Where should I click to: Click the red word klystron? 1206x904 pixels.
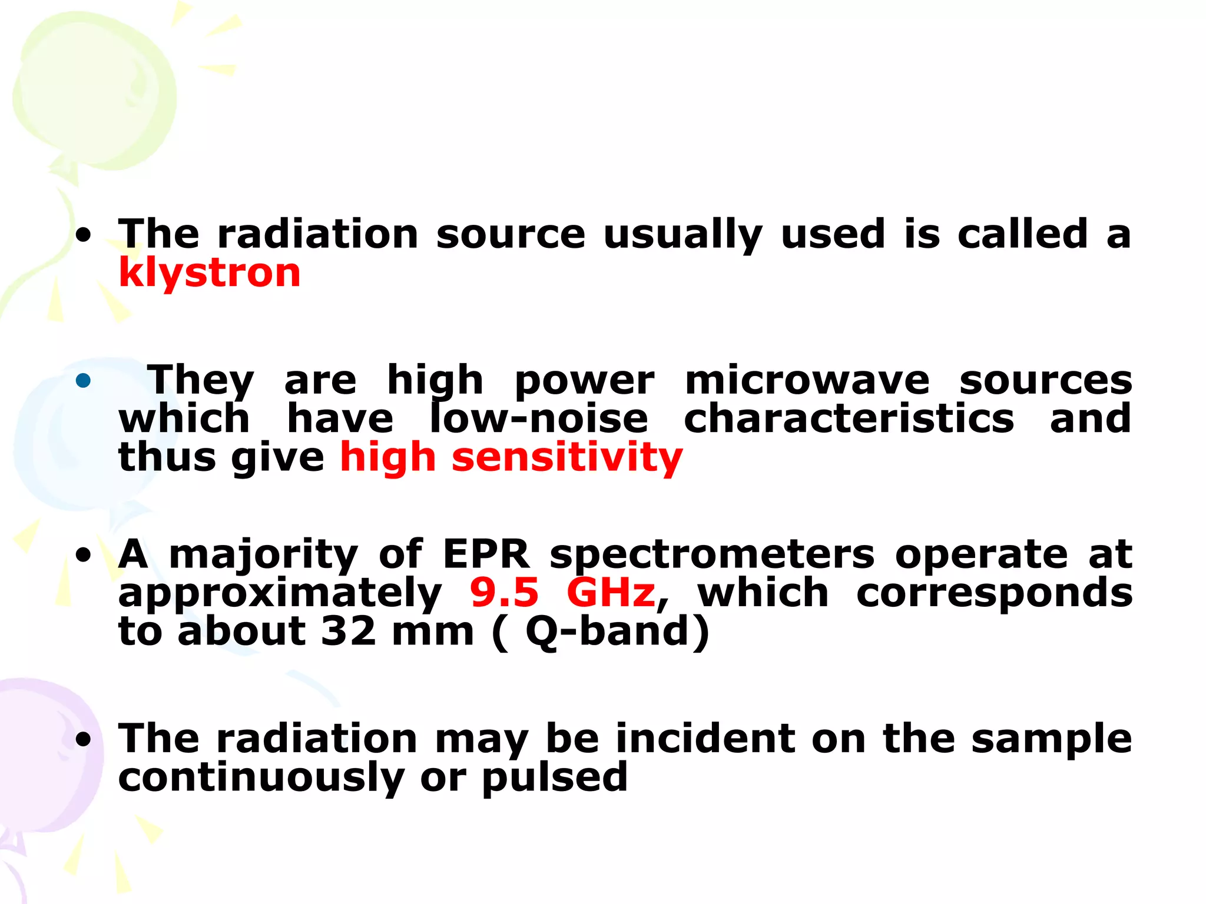210,273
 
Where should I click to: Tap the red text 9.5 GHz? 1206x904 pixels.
562,593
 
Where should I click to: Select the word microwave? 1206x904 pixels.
807,381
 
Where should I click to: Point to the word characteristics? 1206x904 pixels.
849,419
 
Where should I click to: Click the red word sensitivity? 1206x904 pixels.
567,458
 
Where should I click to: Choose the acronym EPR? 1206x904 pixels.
486,554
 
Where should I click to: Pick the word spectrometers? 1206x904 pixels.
712,556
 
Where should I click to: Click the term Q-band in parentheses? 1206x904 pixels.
607,632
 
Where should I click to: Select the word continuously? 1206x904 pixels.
261,777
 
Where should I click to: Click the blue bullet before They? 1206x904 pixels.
84,381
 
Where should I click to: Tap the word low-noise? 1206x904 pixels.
539,419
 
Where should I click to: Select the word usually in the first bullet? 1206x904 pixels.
683,235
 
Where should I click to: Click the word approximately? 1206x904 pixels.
280,594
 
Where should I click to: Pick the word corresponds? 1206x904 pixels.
994,594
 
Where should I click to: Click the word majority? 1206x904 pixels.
264,556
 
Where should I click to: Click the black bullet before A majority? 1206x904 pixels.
84,555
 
